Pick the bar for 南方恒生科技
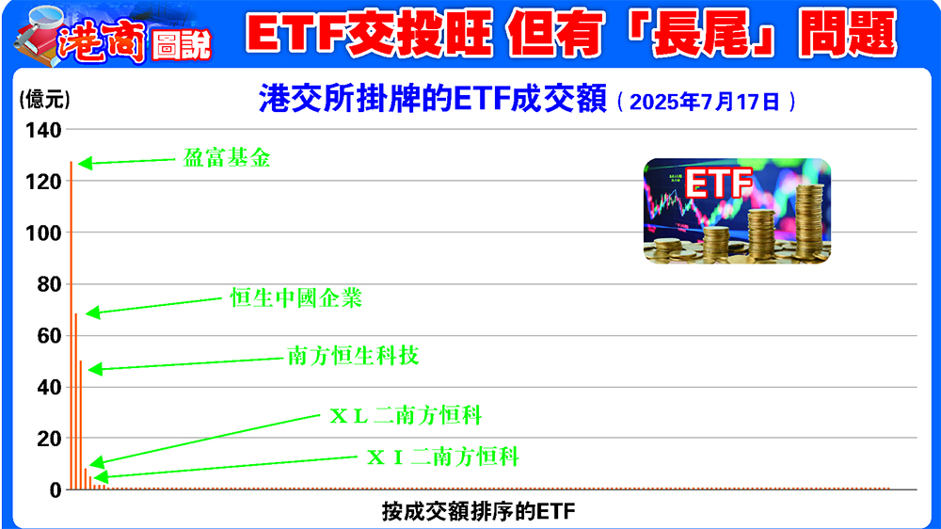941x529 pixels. (81, 424)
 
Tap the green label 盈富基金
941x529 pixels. (226, 158)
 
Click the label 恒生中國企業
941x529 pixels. (295, 299)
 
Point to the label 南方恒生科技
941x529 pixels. (353, 357)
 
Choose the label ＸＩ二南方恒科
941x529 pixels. (442, 457)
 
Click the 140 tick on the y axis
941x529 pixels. (45, 130)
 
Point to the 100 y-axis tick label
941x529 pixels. (45, 232)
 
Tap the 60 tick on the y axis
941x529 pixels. (50, 335)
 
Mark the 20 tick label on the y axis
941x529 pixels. (50, 439)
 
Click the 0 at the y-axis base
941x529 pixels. (56, 489)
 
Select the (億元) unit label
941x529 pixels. (44, 98)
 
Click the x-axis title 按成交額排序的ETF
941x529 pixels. (478, 512)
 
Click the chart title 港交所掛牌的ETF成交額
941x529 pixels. (432, 100)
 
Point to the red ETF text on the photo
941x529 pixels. (717, 184)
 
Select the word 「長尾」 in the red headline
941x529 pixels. (684, 35)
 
